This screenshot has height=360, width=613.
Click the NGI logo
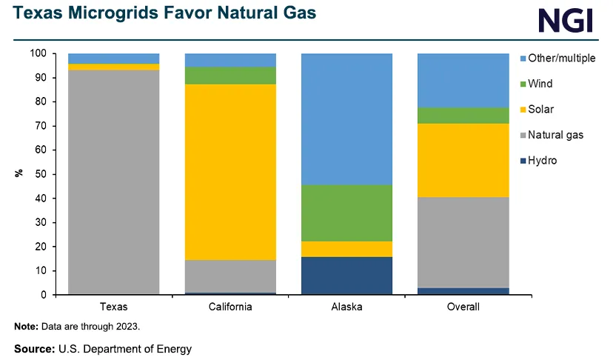(x=566, y=19)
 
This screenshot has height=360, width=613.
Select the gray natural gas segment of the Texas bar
(x=113, y=181)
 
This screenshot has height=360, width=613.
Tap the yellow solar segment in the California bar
(x=230, y=172)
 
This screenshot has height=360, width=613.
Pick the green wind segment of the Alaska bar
(x=346, y=213)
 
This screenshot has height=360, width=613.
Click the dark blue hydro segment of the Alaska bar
(x=346, y=276)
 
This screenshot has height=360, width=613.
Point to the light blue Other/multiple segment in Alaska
(x=346, y=119)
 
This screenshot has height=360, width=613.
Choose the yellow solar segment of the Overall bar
(x=463, y=160)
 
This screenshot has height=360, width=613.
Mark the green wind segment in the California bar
(x=230, y=76)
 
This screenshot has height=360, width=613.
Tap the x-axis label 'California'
(x=230, y=307)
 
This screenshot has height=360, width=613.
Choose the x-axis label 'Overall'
(x=463, y=307)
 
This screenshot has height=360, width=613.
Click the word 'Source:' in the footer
(x=34, y=347)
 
